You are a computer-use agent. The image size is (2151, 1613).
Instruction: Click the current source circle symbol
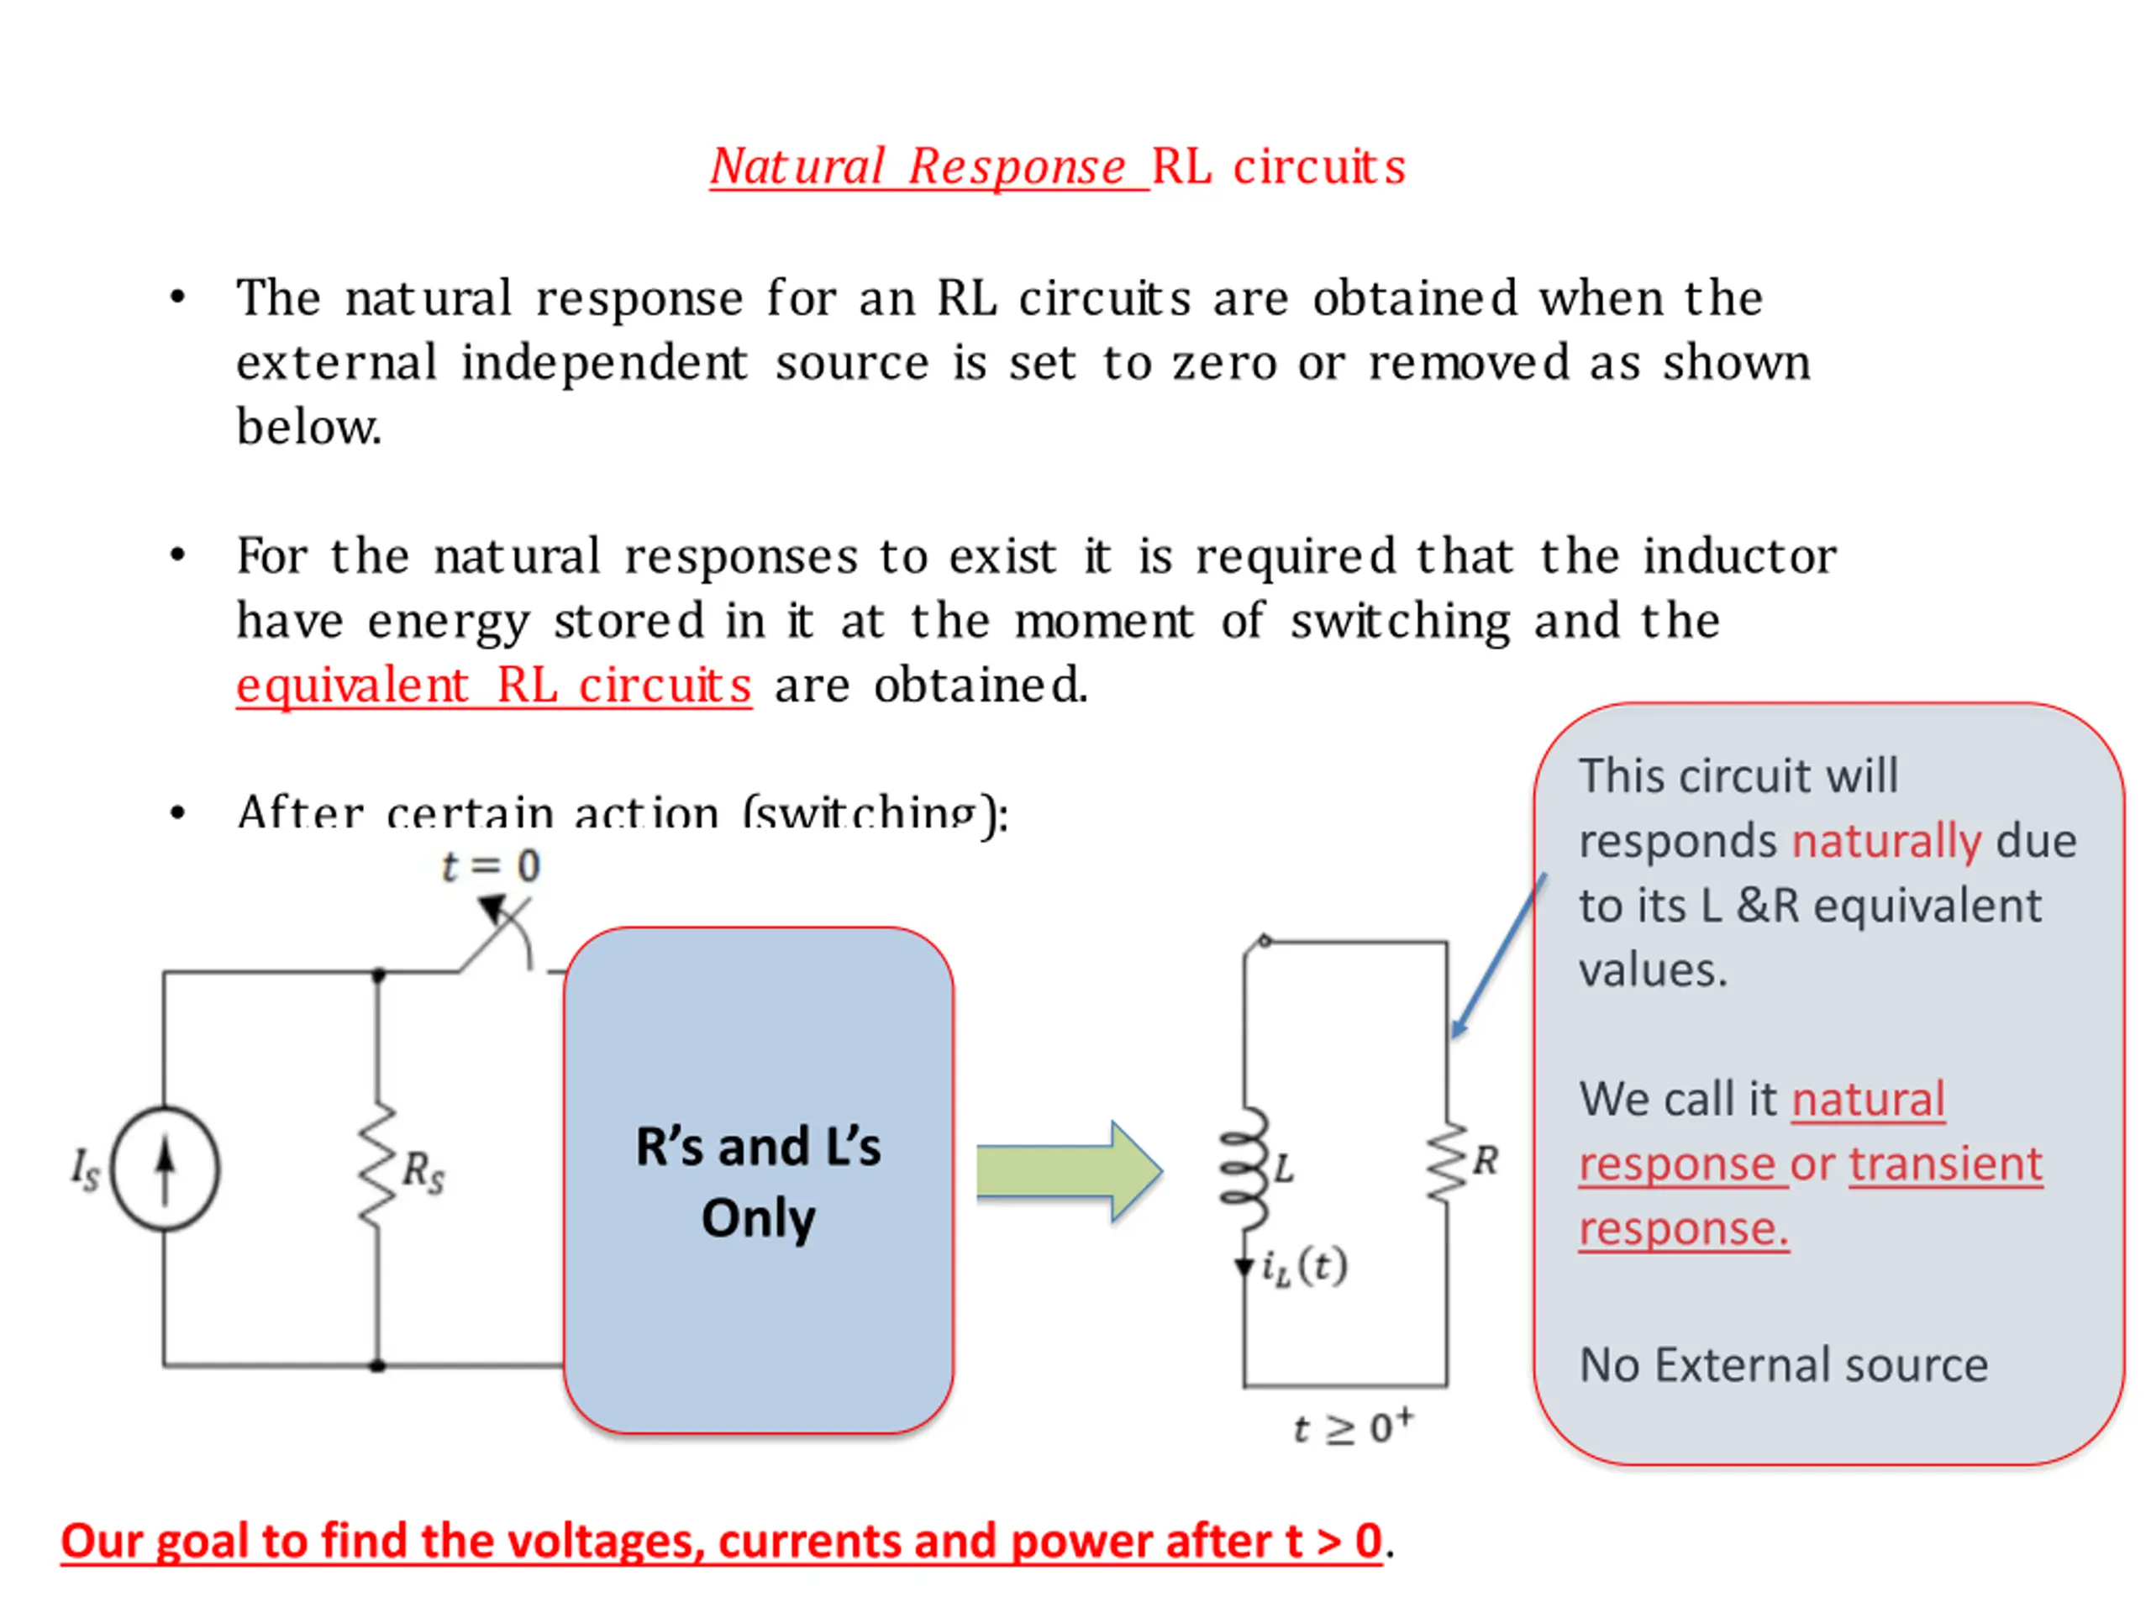point(166,1169)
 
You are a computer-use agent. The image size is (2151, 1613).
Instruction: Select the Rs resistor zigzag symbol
point(377,1166)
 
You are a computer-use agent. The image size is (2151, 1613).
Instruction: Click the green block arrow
point(1069,1170)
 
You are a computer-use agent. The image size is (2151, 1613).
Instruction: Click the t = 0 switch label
point(490,865)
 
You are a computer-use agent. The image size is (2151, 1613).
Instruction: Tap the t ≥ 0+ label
point(1353,1427)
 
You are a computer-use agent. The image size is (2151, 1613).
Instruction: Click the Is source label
point(85,1168)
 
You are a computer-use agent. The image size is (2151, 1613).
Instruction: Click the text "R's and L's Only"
point(759,1181)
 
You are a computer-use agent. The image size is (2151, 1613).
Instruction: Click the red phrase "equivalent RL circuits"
point(494,686)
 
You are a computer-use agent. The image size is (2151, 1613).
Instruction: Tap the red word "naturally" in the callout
point(1885,841)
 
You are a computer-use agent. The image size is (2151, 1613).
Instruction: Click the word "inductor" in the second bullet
point(1739,557)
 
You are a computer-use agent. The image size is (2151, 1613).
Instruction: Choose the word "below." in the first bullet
point(309,427)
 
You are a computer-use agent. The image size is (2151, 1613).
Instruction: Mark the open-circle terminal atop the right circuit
point(1265,940)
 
